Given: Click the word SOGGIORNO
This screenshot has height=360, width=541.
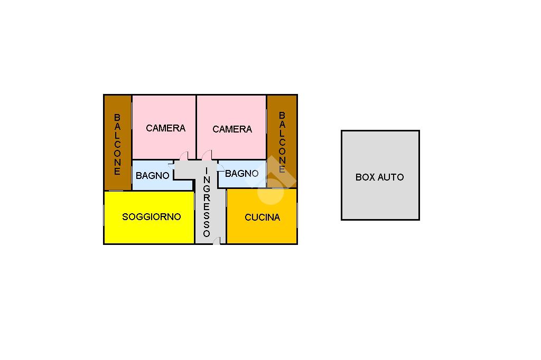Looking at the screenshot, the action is click(152, 217).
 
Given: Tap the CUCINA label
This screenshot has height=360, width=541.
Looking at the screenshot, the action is click(262, 217).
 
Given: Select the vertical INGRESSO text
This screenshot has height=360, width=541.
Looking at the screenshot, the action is click(207, 202).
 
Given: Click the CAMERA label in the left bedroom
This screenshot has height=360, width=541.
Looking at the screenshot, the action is click(165, 128).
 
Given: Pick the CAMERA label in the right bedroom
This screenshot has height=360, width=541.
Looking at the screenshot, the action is click(232, 129).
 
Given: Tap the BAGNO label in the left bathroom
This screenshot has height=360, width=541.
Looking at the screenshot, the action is click(153, 176).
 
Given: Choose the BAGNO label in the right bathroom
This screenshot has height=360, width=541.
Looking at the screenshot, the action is click(241, 174).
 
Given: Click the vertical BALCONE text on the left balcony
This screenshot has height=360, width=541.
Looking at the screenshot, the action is click(117, 144).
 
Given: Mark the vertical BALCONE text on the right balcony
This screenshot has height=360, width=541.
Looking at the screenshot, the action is click(282, 142).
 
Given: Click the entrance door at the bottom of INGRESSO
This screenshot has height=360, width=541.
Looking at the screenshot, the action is click(216, 241).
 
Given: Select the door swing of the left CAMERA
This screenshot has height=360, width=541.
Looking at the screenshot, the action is click(184, 156).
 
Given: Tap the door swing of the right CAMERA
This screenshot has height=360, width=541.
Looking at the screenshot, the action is click(207, 155).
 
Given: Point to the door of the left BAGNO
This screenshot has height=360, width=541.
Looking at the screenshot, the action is click(171, 166).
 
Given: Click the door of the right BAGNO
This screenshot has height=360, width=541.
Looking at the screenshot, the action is click(221, 167).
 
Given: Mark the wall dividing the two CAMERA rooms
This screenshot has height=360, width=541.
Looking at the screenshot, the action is click(197, 127).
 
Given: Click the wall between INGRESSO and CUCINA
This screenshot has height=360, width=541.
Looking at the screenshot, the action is click(226, 216).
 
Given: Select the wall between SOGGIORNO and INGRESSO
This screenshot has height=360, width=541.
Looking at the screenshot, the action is click(195, 217).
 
